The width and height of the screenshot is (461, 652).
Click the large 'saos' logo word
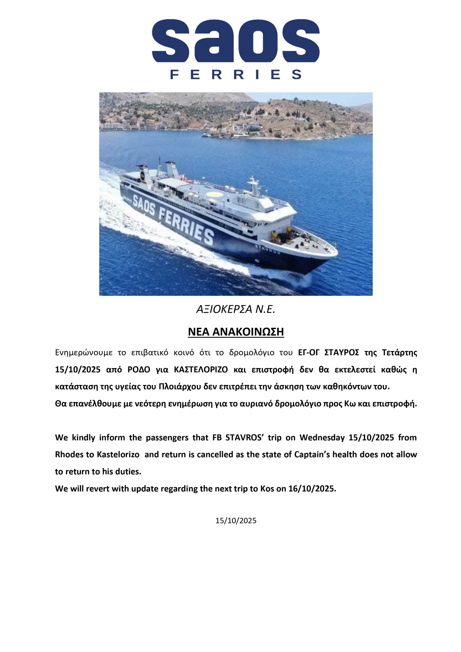coord(236,40)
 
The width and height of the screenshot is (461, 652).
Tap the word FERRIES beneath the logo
coord(236,74)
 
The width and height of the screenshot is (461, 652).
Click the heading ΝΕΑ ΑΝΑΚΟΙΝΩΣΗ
coord(236,332)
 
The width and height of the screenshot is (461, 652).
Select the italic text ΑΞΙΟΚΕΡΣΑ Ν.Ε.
coord(236,309)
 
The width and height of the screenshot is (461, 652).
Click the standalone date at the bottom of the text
coord(236,521)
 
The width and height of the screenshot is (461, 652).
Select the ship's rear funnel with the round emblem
coord(143,174)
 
